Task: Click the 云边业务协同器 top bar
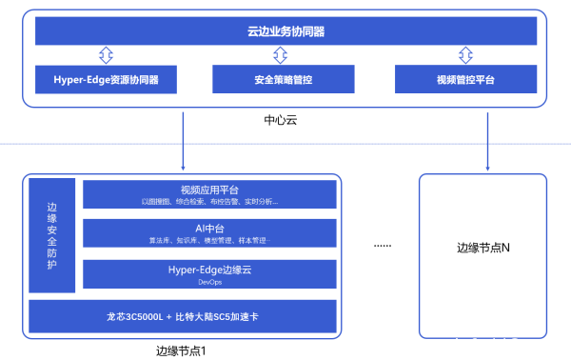coord(285,32)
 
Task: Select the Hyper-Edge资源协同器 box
coord(108,80)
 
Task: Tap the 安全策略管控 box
coord(285,80)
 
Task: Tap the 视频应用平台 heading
coord(208,190)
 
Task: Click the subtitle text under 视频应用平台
coord(208,202)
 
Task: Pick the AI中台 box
coord(208,233)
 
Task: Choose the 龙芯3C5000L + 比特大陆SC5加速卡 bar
coord(182,315)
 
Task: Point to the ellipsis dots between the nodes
coord(382,246)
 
